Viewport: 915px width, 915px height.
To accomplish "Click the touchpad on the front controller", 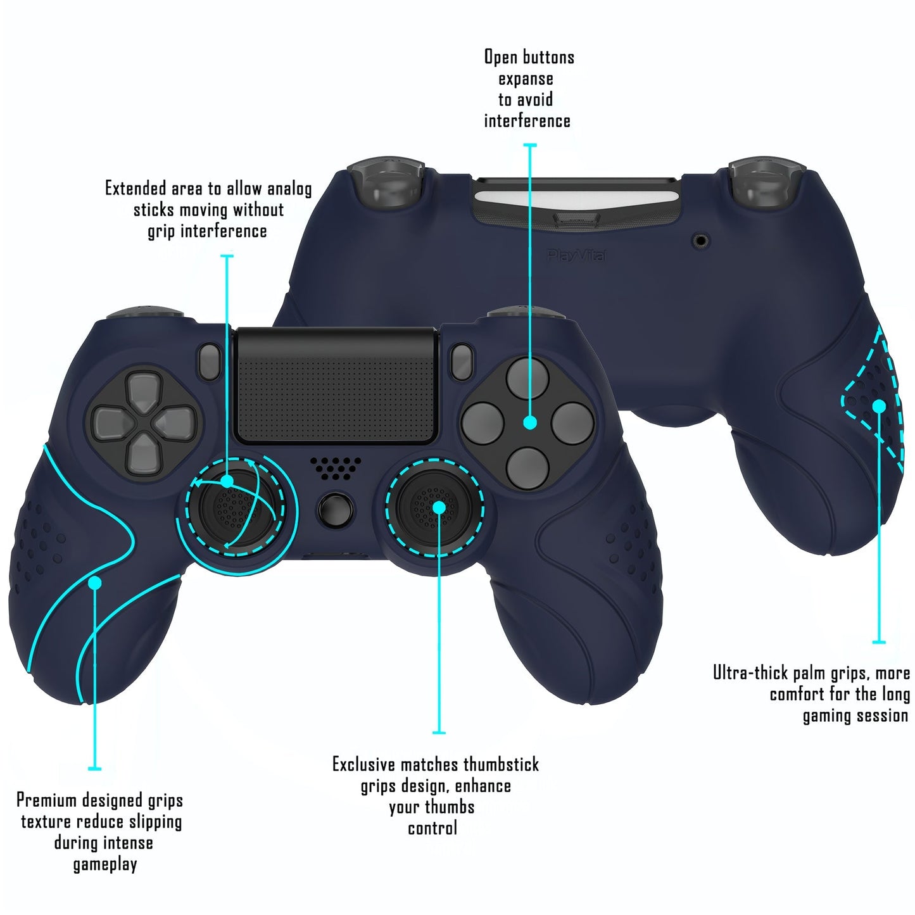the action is tap(336, 386).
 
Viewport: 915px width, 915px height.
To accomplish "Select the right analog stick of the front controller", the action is tap(434, 507).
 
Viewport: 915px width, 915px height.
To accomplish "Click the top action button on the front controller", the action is tap(527, 379).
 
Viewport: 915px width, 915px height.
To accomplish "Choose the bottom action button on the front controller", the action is tap(527, 467).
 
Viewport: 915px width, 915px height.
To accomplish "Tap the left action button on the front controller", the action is tap(483, 423).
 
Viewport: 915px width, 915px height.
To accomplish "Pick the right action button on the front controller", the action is tap(572, 423).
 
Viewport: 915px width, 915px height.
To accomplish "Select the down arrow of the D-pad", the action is tap(143, 454).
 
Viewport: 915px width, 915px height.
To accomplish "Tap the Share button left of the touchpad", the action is tap(210, 362).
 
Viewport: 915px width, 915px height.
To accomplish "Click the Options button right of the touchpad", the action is tap(461, 362).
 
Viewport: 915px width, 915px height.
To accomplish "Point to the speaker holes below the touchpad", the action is tap(336, 468).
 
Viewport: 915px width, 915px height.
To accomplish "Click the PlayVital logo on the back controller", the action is tap(576, 256).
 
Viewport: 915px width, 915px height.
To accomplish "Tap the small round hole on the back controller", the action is tap(700, 241).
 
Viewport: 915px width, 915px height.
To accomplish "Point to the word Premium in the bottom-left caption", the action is tap(46, 800).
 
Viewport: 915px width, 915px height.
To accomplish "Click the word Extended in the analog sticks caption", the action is tap(136, 189).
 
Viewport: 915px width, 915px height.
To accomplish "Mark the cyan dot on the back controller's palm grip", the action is tap(879, 406).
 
